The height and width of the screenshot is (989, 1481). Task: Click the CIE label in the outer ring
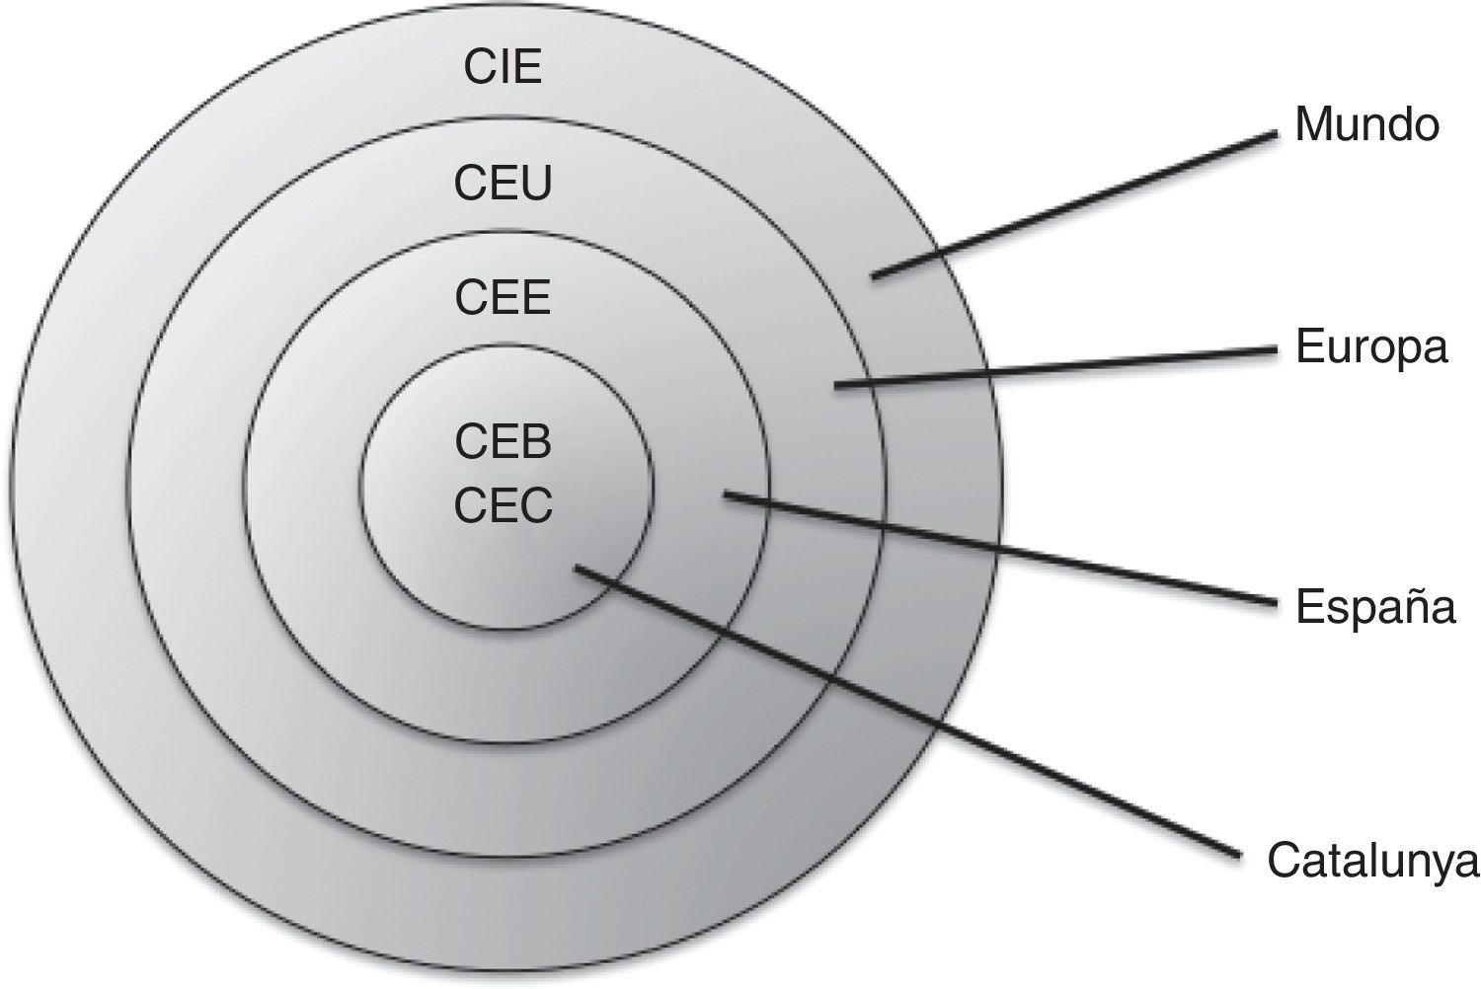point(503,68)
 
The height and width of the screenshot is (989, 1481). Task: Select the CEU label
point(503,184)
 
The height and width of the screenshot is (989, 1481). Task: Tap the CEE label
point(503,297)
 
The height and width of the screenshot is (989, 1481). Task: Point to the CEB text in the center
point(503,442)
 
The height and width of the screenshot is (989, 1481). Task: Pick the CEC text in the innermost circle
point(503,506)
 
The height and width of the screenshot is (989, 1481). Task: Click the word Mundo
point(1366,125)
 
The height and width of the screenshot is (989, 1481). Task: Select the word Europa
point(1371,348)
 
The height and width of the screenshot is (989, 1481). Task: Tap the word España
point(1375,607)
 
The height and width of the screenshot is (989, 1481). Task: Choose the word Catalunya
point(1373,862)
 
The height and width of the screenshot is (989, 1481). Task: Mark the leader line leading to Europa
point(1056,366)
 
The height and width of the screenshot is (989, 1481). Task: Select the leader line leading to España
point(997,548)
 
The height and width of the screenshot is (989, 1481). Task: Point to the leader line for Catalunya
point(908,711)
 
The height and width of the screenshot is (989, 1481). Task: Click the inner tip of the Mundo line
point(875,277)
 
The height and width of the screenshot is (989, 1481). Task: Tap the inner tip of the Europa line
point(837,385)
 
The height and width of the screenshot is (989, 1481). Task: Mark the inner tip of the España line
point(727,494)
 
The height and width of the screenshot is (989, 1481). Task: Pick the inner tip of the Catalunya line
point(577,568)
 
